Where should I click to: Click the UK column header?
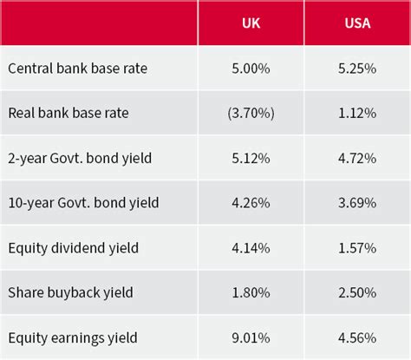click(251, 23)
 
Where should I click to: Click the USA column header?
click(356, 23)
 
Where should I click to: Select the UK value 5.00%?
click(251, 68)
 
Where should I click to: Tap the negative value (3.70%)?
click(251, 112)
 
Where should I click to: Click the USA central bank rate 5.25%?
click(356, 68)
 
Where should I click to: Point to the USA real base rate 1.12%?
click(356, 112)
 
